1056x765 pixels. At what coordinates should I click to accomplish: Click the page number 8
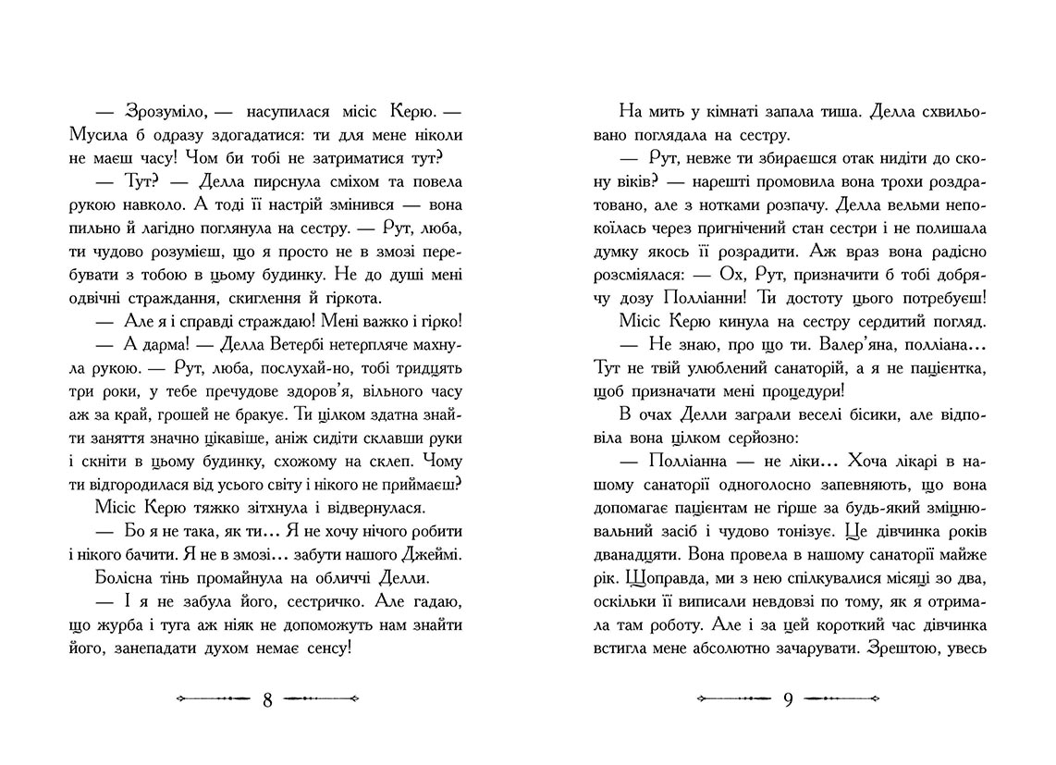[266, 699]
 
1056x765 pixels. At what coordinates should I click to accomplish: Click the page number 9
[788, 699]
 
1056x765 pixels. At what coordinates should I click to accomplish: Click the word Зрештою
[900, 650]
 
